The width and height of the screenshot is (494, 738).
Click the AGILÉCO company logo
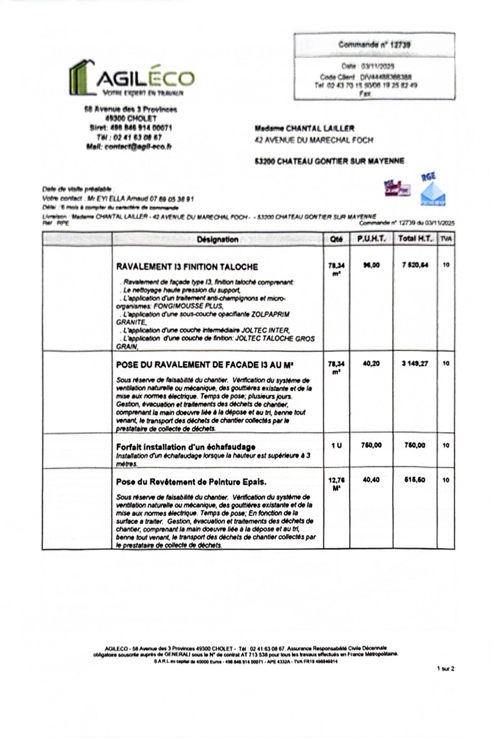click(132, 78)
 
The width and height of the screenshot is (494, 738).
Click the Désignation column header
click(217, 239)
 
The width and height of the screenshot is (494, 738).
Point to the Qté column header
click(336, 239)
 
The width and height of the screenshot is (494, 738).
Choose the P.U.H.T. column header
click(371, 239)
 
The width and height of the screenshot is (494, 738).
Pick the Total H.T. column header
click(415, 239)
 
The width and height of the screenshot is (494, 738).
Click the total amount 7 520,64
click(415, 265)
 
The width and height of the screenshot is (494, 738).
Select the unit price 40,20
click(371, 364)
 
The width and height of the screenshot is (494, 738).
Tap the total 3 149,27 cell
click(415, 364)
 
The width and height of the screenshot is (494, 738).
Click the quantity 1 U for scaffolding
click(336, 446)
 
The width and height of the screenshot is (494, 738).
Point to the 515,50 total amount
click(415, 480)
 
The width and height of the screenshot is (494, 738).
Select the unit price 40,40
click(371, 480)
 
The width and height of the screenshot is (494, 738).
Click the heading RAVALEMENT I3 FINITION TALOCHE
click(187, 267)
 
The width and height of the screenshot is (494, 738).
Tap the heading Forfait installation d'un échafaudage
click(185, 447)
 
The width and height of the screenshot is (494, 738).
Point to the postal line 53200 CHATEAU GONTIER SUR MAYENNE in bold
click(329, 161)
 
